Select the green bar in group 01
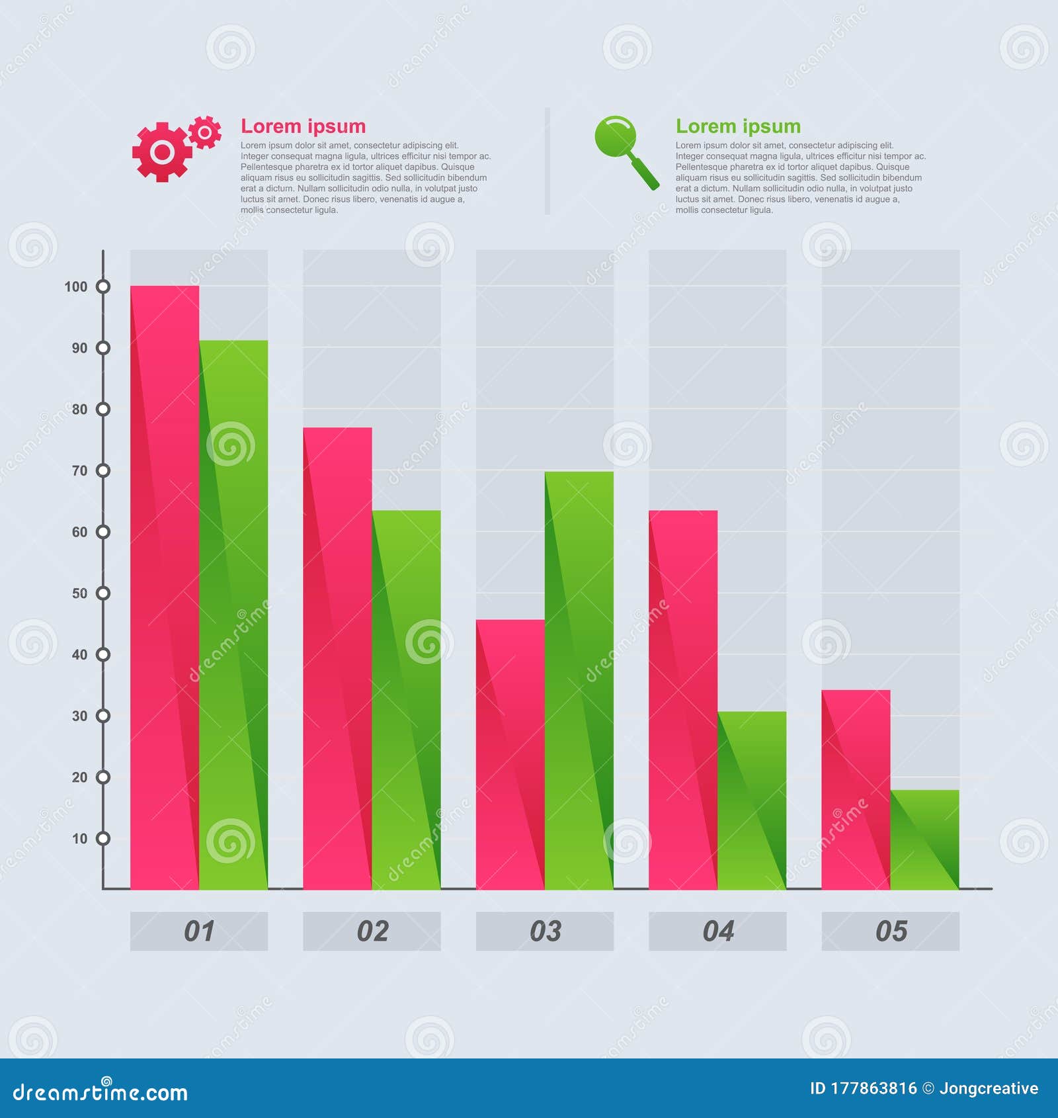pos(233,615)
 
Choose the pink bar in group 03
pos(510,754)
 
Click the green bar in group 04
pos(752,800)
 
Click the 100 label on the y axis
pos(75,286)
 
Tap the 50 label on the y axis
pos(79,593)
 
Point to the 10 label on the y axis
pos(79,839)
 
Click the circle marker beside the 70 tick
pos(103,470)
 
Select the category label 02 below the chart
pos(372,931)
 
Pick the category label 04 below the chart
pos(717,931)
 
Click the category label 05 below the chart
pos(890,931)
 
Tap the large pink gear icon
pos(162,152)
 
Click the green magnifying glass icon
pos(625,151)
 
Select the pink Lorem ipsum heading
pos(303,126)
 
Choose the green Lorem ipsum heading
pos(738,126)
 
